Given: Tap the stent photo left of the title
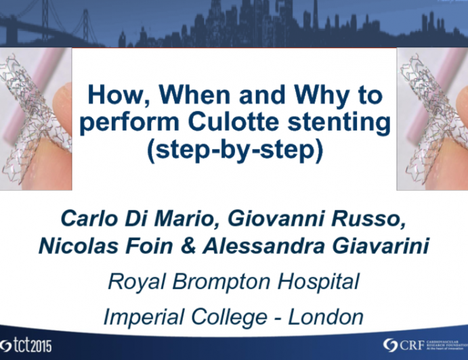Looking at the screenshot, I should [x=35, y=118].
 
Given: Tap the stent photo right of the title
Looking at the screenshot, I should [x=432, y=118].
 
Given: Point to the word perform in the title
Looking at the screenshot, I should [x=131, y=124].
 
